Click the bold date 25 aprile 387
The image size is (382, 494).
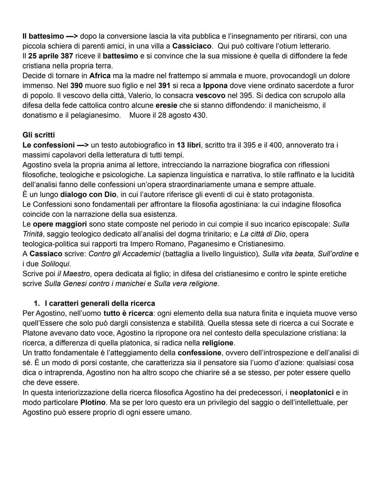point(51,56)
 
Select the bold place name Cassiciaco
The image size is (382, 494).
point(192,46)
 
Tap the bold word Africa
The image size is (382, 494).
point(100,76)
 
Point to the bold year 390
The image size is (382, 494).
point(76,86)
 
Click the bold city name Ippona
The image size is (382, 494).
point(215,86)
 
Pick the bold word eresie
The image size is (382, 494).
point(166,106)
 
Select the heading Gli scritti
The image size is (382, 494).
point(39,135)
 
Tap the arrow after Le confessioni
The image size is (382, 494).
point(83,145)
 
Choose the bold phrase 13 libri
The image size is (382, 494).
point(189,145)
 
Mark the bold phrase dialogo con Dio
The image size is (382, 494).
point(88,195)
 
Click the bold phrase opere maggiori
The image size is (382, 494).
point(60,225)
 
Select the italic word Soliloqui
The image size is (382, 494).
point(55,264)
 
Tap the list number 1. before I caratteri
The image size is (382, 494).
point(36,304)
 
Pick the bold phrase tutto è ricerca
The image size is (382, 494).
point(128,314)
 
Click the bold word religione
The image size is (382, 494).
point(218,343)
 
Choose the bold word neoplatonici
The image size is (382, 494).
point(312,393)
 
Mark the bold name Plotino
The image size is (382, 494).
point(93,403)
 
